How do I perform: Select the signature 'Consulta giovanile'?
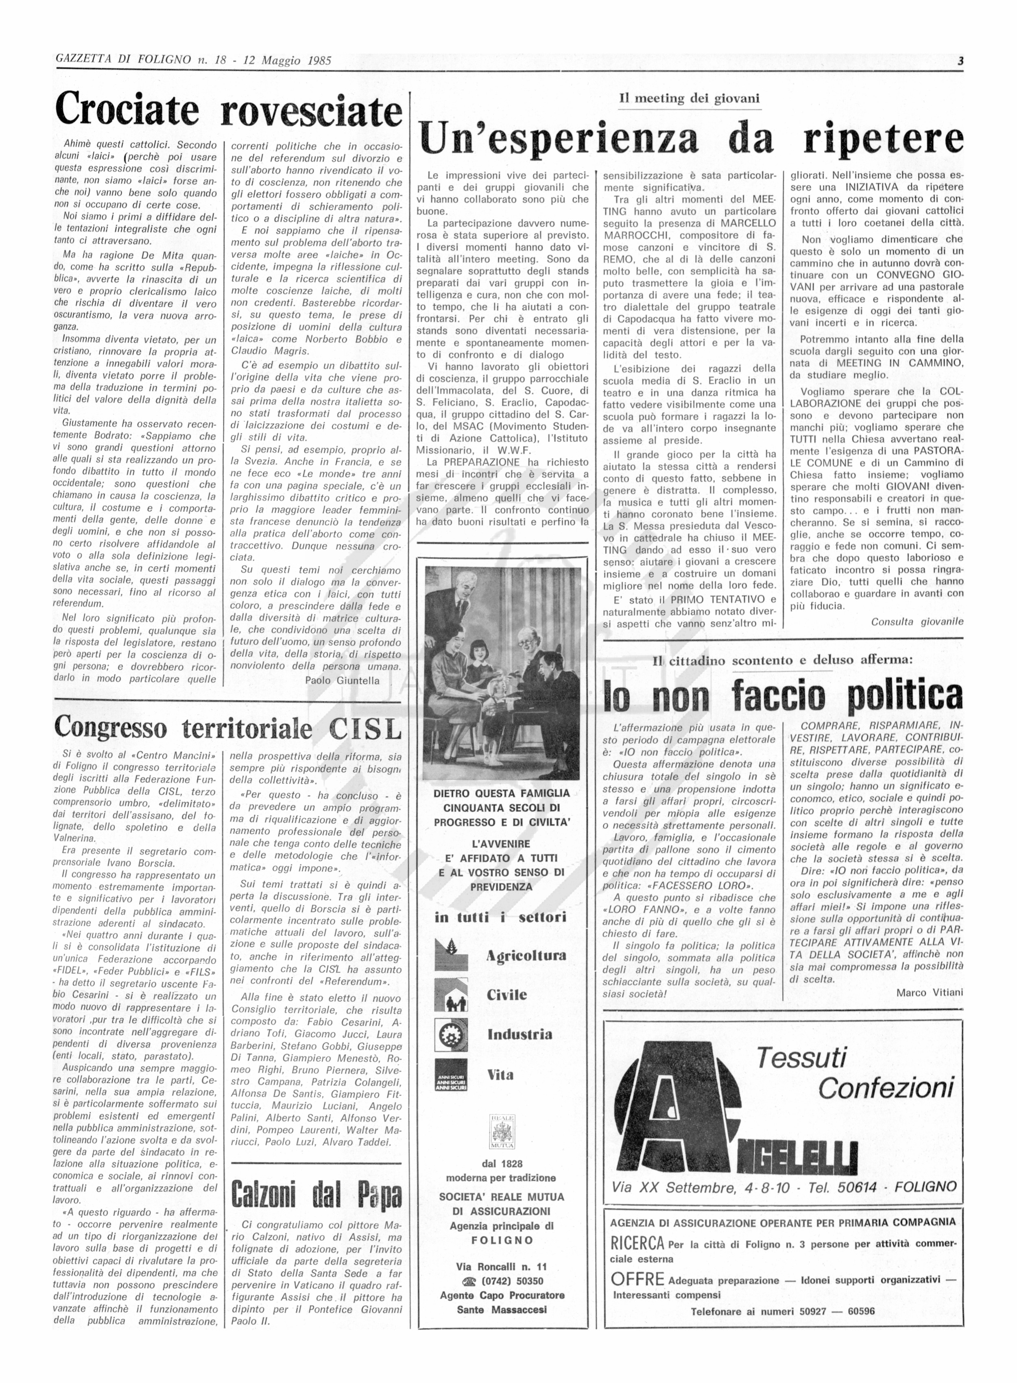click(917, 622)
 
